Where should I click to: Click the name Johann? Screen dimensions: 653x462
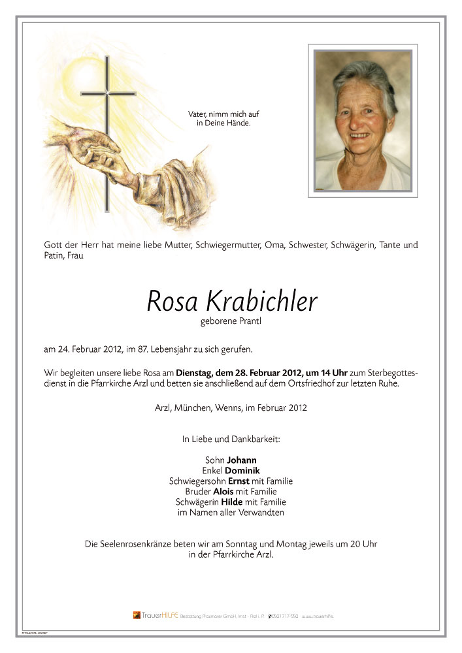(x=242, y=459)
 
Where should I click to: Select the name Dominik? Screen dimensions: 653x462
(x=242, y=470)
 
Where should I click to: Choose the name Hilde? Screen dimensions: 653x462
(x=232, y=502)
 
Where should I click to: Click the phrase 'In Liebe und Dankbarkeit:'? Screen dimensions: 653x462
(x=231, y=439)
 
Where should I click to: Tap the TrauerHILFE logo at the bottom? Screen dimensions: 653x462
(x=154, y=615)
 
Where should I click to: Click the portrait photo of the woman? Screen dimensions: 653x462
(x=363, y=121)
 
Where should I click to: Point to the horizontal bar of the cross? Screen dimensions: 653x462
(x=108, y=94)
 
